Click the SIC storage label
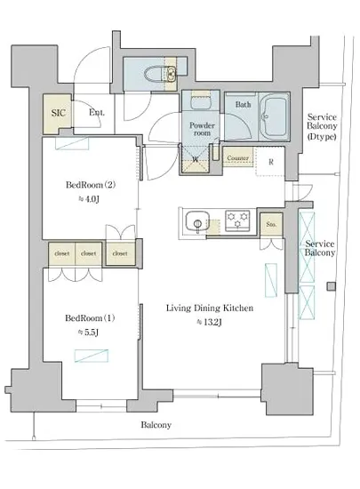59,113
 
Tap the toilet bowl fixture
155,74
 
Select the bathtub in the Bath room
273,116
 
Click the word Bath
243,104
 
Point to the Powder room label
202,129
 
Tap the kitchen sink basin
197,222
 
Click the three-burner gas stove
238,220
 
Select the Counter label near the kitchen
238,158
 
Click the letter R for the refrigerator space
271,162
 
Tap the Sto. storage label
271,224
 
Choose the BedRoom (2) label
91,185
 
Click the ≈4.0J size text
89,199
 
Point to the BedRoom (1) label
90,318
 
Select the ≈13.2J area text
209,322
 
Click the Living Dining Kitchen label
210,309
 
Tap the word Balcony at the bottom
156,425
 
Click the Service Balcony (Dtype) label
322,126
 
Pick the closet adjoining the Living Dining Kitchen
120,253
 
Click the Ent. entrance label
97,112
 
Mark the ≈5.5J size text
88,333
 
